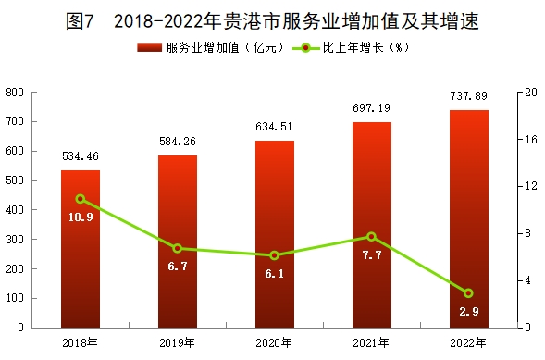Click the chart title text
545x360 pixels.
click(272, 21)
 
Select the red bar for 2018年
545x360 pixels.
click(81, 249)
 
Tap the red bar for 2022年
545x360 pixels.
click(469, 219)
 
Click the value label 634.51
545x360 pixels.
click(274, 127)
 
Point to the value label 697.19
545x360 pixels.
click(372, 108)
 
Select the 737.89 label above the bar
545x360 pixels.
click(469, 96)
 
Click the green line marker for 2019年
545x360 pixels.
click(178, 248)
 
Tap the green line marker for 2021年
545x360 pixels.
click(372, 237)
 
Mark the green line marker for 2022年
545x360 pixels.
click(469, 293)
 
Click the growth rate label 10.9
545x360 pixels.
click(81, 217)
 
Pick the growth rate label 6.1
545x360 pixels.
click(275, 274)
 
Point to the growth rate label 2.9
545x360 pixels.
click(469, 312)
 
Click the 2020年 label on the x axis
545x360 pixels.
click(274, 343)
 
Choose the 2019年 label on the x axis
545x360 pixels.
click(178, 343)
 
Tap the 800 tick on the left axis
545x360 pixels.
click(15, 93)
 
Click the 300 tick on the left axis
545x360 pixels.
click(15, 240)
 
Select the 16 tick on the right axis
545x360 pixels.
click(531, 140)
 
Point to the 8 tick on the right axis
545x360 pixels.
click(528, 233)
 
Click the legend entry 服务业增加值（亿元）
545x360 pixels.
click(211, 47)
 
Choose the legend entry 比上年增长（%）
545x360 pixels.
click(351, 47)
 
